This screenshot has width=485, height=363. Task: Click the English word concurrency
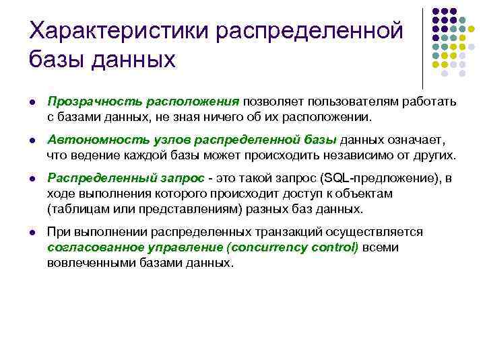[x=269, y=247]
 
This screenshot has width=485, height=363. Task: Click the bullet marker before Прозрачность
[x=32, y=102]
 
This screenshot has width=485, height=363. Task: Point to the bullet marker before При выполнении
[x=32, y=233]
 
